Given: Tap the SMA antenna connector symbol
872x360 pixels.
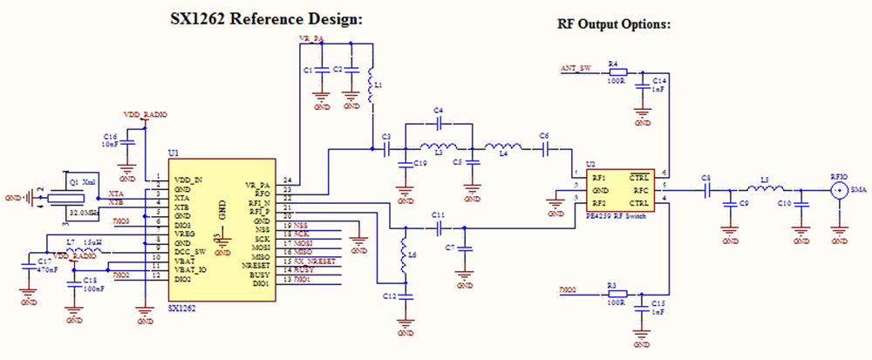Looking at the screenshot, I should point(839,189).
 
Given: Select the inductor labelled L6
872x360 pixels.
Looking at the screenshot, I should point(403,260).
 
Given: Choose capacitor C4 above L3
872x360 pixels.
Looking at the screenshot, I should point(439,121).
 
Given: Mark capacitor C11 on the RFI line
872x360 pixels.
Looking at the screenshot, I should point(439,227).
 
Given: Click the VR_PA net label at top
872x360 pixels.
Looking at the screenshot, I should point(311,40).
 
